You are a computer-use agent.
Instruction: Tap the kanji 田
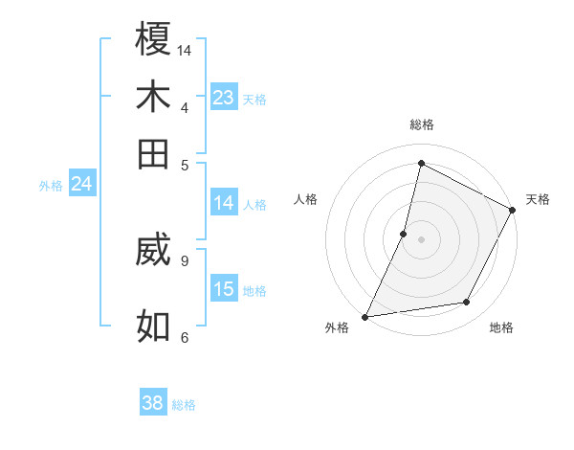tap(153, 153)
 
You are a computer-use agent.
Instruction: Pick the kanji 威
tap(153, 252)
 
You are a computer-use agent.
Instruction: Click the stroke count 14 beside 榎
tap(185, 49)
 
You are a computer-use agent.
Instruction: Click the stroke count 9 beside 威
tap(184, 259)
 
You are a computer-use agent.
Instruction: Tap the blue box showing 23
tap(224, 98)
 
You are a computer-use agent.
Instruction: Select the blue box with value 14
tap(224, 203)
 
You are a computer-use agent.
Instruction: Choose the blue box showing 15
tap(224, 289)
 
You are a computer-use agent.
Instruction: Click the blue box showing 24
tap(81, 184)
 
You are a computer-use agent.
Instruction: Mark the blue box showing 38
tap(152, 403)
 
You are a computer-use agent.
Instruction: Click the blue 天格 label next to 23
tap(254, 100)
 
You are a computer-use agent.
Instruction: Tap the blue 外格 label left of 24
tap(51, 186)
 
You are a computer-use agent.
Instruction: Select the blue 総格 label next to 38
tap(184, 405)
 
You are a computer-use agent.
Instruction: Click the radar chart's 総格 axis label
tap(422, 124)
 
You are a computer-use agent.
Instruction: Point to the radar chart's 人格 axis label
tap(306, 199)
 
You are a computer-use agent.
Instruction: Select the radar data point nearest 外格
tap(364, 317)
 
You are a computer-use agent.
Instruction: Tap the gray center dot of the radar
tap(421, 238)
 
